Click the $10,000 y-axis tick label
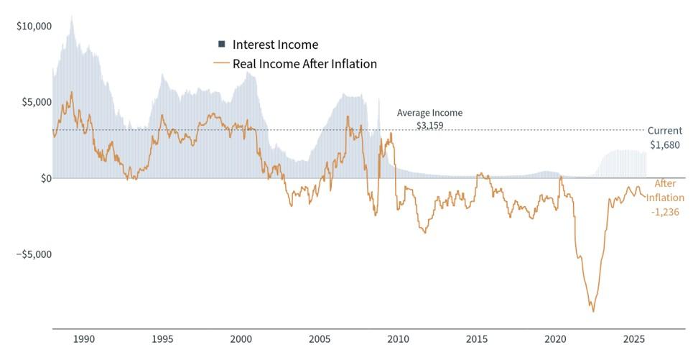[34, 26]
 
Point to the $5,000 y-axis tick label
[36, 102]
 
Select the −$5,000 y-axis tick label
[34, 254]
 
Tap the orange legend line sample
[221, 64]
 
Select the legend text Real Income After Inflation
[304, 64]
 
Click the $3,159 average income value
[430, 125]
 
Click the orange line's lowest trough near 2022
[593, 311]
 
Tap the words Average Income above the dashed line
[430, 113]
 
